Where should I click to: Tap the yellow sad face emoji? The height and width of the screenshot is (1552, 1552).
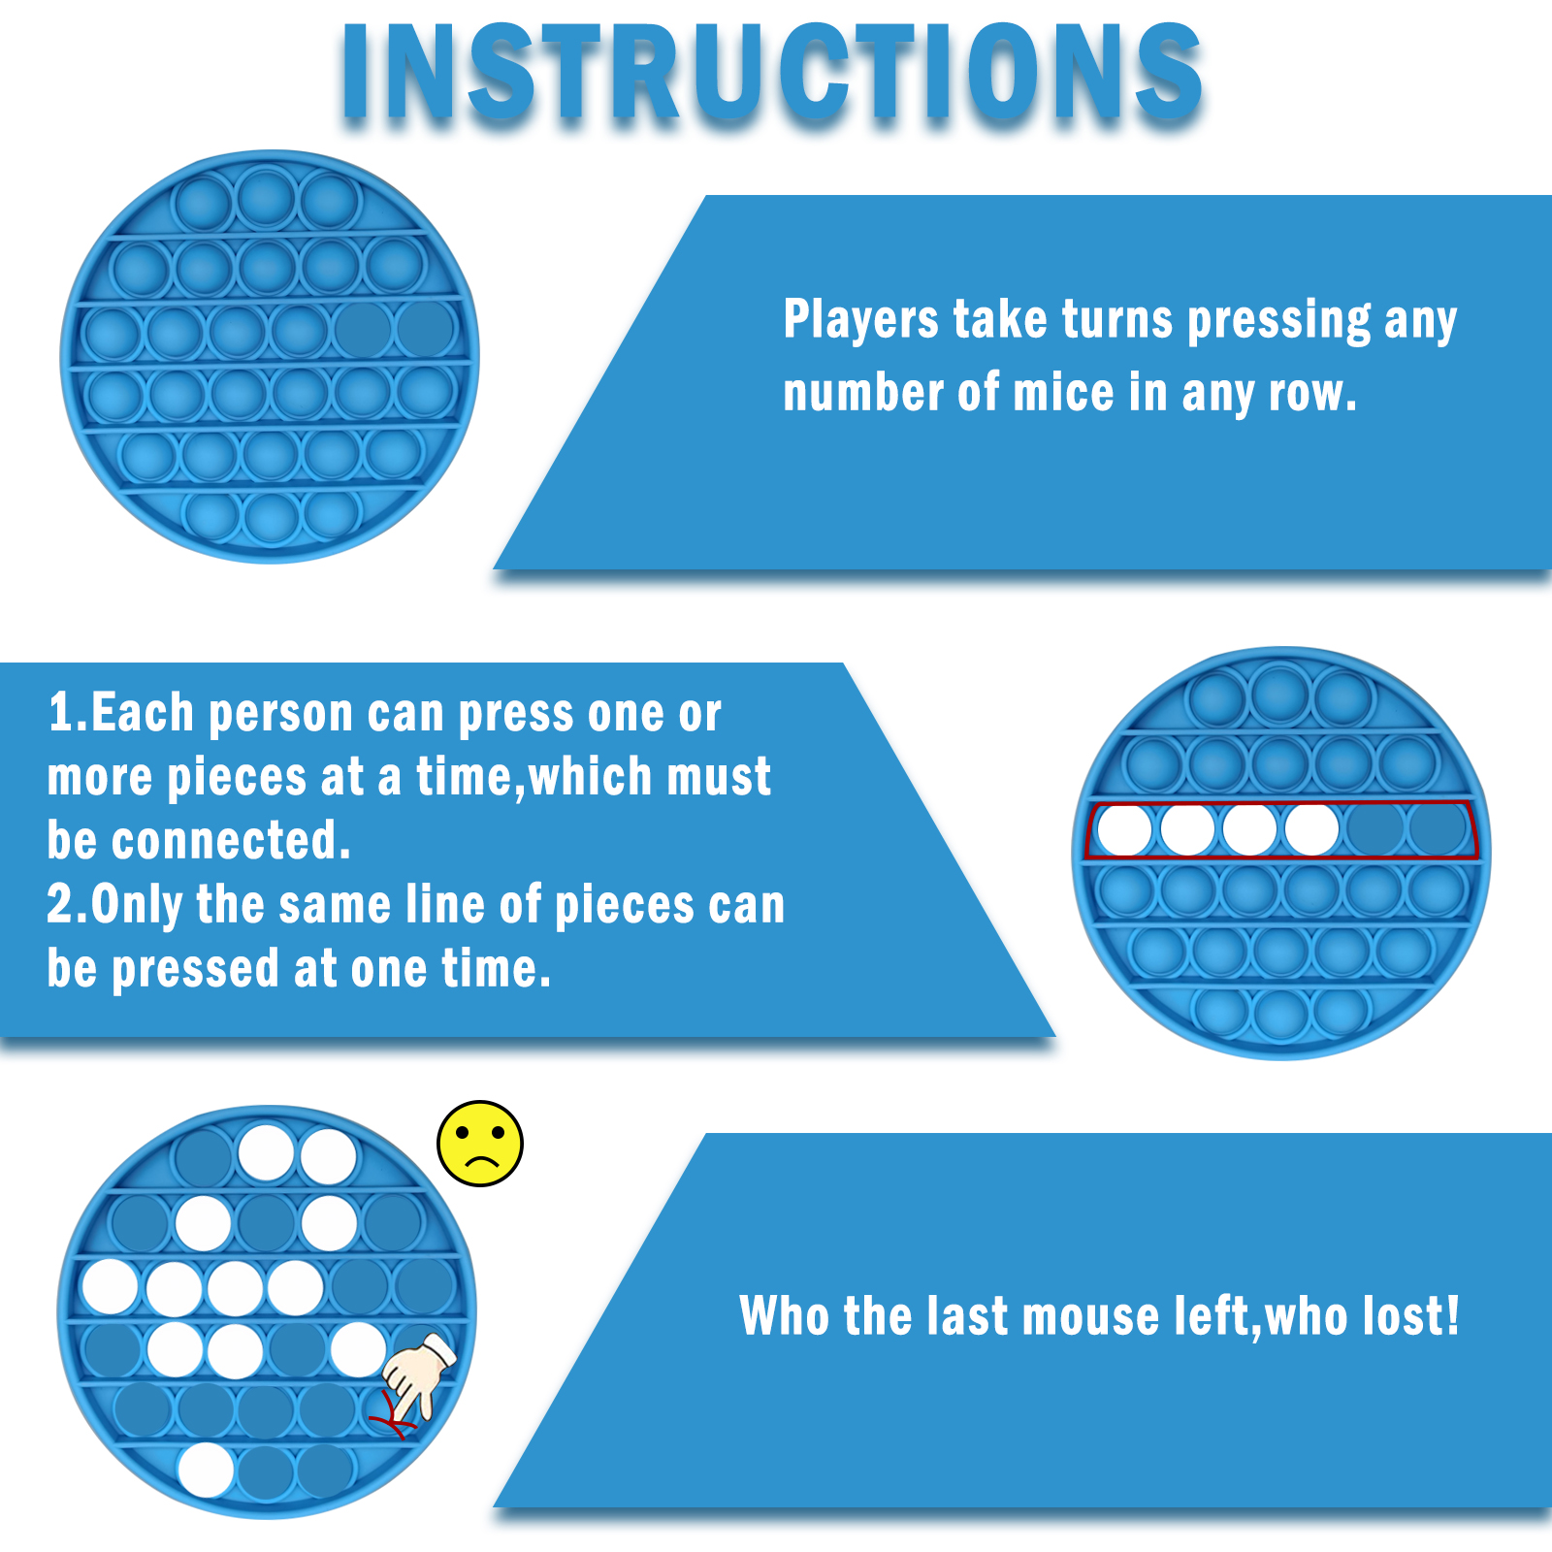click(x=480, y=1144)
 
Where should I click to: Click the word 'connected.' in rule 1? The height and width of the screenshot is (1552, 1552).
click(x=231, y=841)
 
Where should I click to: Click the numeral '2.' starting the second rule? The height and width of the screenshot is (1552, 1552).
click(x=68, y=905)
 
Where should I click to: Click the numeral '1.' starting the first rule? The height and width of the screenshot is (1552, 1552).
click(x=68, y=713)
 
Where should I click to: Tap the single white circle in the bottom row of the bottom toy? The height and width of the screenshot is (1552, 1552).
click(x=206, y=1470)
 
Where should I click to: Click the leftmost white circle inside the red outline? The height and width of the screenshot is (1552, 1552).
click(x=1124, y=830)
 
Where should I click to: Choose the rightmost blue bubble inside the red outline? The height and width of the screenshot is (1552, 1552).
click(x=1439, y=829)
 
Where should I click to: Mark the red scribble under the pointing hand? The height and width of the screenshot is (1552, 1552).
click(x=392, y=1414)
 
